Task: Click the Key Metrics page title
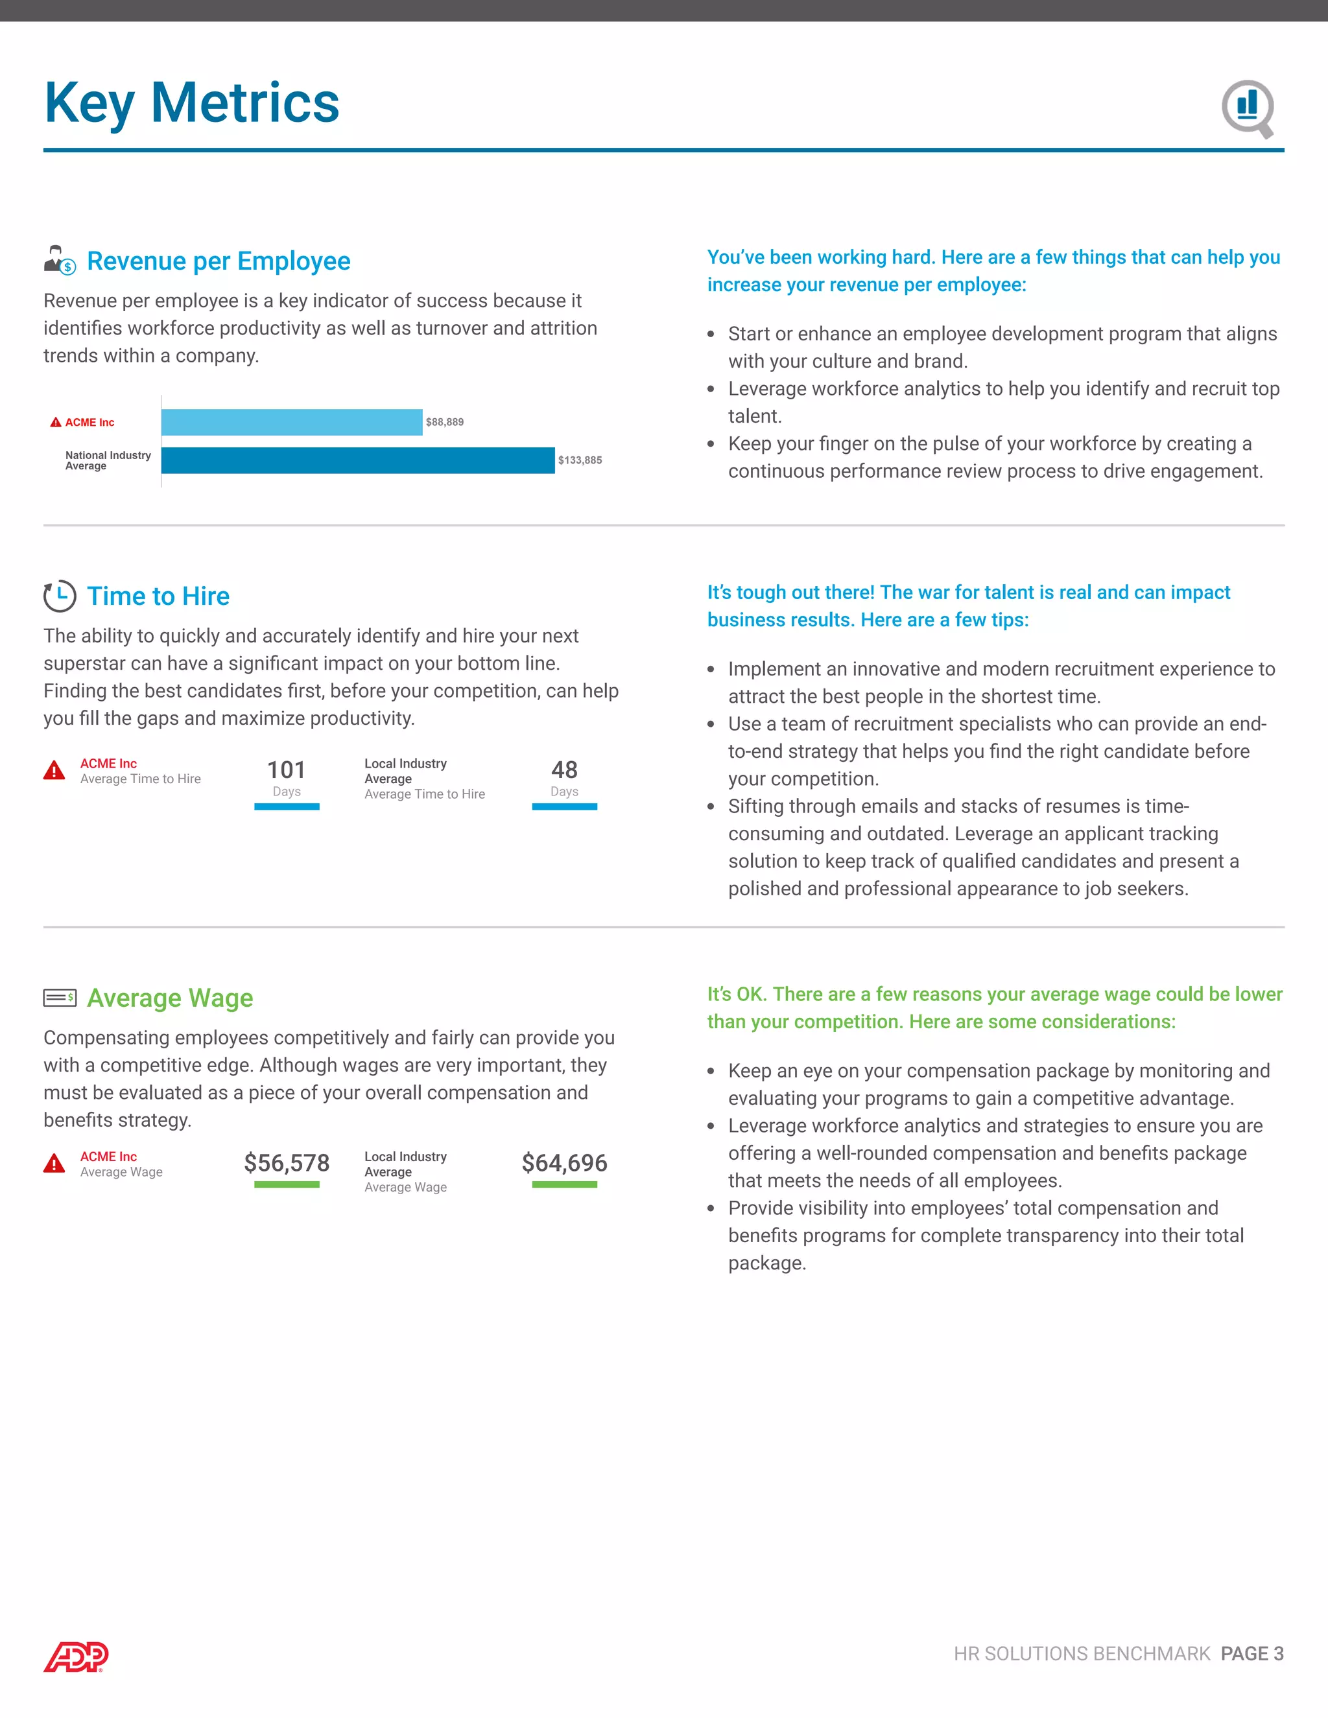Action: pyautogui.click(x=191, y=103)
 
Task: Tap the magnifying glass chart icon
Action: pyautogui.click(x=1248, y=108)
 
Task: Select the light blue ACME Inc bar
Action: pyautogui.click(x=291, y=423)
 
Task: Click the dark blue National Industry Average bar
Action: pyautogui.click(x=357, y=460)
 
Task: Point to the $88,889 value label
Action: pyautogui.click(x=444, y=423)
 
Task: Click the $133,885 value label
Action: pyautogui.click(x=580, y=460)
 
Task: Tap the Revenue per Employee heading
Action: pyautogui.click(x=218, y=261)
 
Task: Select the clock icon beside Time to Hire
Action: pyautogui.click(x=60, y=596)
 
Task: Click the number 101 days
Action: pyautogui.click(x=287, y=770)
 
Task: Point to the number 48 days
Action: pyautogui.click(x=564, y=770)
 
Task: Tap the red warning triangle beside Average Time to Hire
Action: pyautogui.click(x=54, y=770)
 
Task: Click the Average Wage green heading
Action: pyautogui.click(x=170, y=998)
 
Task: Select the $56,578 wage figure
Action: pyautogui.click(x=287, y=1162)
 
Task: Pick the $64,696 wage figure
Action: pyautogui.click(x=564, y=1162)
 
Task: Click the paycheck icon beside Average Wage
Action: pyautogui.click(x=60, y=998)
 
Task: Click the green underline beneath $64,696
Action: pyautogui.click(x=564, y=1184)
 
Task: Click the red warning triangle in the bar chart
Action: pyautogui.click(x=56, y=423)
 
